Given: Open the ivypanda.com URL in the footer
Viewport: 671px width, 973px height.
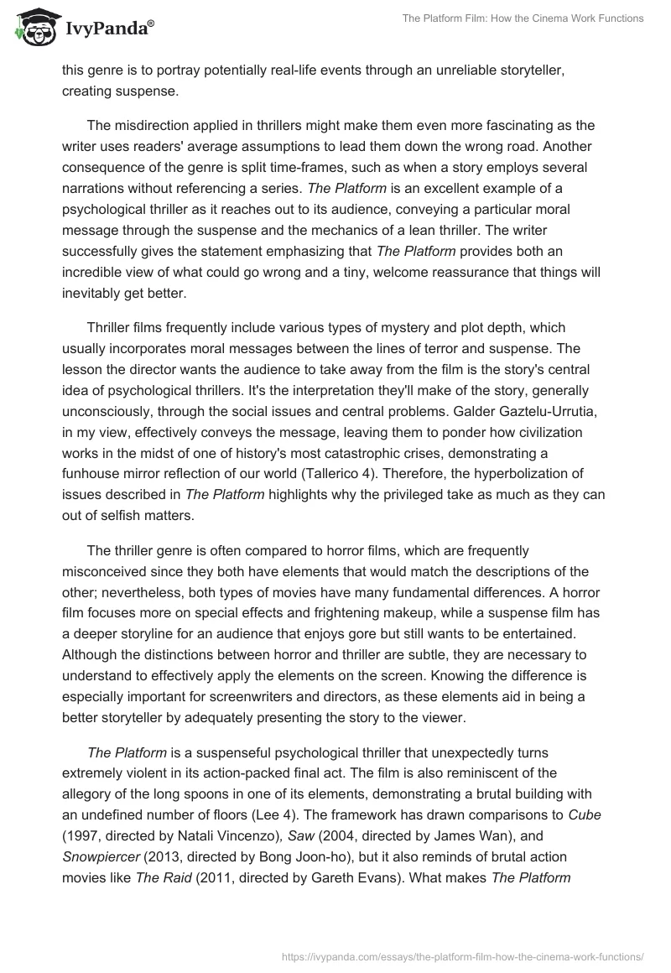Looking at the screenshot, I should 464,955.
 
